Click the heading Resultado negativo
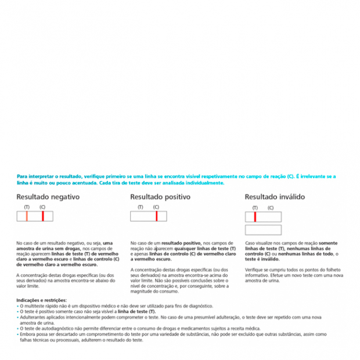point(48,197)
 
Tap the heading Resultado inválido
point(274,197)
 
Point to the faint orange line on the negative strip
point(27,216)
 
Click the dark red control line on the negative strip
point(42,216)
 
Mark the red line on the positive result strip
point(156,216)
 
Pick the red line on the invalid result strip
point(255,217)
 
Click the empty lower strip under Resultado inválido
point(263,230)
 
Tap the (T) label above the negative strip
point(27,207)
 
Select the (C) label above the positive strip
point(156,207)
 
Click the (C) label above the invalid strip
point(271,208)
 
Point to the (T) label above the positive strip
point(140,207)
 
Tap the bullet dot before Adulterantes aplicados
point(17,317)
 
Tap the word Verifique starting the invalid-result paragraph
point(255,269)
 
